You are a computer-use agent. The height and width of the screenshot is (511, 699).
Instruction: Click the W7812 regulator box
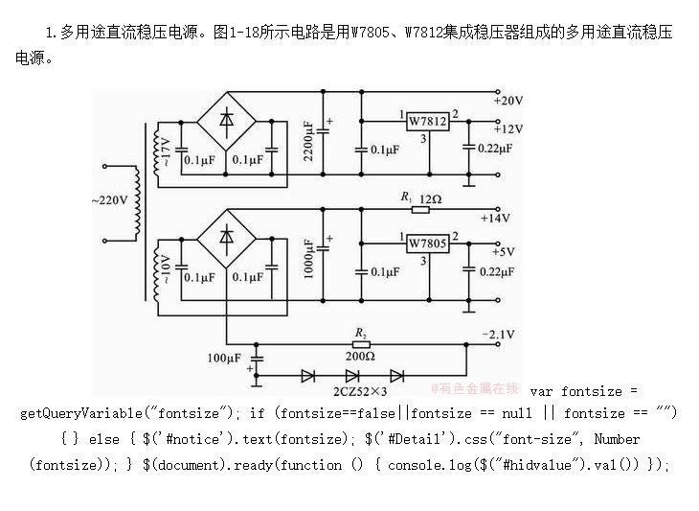point(427,122)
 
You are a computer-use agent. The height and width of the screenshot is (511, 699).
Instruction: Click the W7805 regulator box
point(427,244)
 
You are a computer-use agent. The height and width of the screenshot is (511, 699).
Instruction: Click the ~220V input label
point(107,201)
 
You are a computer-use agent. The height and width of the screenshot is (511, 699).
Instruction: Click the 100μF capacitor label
point(224,359)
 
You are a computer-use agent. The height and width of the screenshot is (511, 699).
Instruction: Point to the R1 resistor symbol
point(406,208)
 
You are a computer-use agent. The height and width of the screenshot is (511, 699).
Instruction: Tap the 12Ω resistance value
point(431,197)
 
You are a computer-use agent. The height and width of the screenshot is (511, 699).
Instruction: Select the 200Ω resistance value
point(360,356)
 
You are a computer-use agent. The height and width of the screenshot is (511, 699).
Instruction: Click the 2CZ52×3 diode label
point(360,392)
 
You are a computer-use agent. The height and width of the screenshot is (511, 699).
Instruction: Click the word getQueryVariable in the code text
point(80,413)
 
